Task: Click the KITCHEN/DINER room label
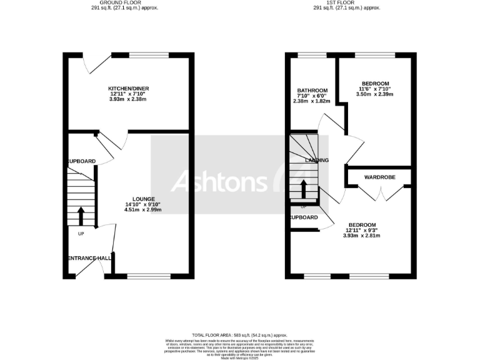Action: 128,89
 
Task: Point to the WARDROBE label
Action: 380,177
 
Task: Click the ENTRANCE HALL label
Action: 89,257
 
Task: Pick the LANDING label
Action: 317,161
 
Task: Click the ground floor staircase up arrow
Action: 81,216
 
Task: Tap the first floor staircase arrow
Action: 304,188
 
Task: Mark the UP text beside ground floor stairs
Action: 81,234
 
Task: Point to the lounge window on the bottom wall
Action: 149,275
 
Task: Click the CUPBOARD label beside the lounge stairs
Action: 82,161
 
